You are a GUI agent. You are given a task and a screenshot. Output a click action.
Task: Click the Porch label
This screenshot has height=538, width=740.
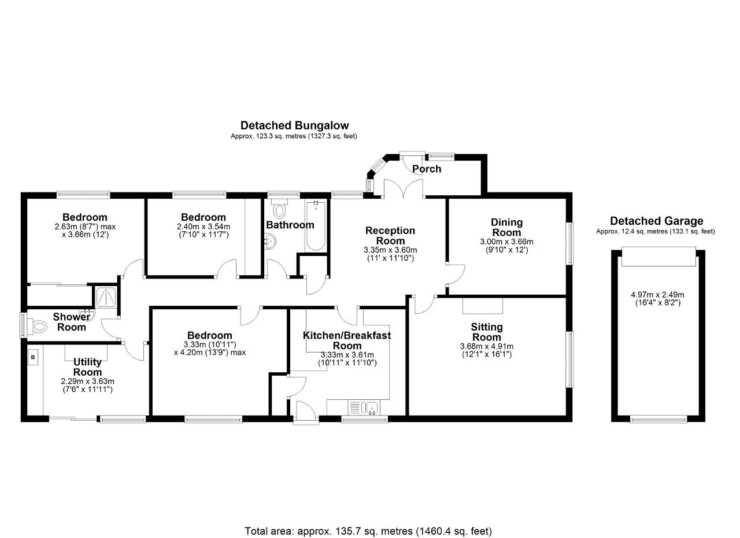coord(427,169)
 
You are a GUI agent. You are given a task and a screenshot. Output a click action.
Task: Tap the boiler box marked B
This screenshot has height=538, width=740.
coord(33,357)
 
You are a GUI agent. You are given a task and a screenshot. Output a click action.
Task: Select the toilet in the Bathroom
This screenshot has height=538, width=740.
coord(279,209)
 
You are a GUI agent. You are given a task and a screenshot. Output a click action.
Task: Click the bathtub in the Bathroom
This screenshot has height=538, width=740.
coord(316,225)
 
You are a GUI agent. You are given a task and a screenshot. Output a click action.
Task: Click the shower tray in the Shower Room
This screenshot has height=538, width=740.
coord(106,296)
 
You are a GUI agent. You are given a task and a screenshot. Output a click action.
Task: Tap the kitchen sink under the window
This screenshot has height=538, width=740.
coord(369,408)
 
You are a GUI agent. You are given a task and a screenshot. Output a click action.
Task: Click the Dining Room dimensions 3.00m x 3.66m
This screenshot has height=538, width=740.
coord(506,246)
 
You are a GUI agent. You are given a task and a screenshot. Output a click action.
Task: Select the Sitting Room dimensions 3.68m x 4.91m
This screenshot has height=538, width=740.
coord(487,350)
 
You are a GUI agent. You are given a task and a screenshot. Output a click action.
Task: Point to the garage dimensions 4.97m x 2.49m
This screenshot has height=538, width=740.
coord(657,299)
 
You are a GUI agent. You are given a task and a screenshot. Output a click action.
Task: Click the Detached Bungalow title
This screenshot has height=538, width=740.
coord(294,125)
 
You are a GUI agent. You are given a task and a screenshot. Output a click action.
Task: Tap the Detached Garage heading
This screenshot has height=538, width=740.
coord(656,221)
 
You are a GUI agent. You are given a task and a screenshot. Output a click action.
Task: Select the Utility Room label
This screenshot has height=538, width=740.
coord(87,367)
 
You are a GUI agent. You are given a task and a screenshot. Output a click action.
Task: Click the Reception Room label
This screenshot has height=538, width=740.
coord(390,235)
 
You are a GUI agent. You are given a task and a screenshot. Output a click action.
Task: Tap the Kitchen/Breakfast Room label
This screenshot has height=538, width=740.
coord(347,340)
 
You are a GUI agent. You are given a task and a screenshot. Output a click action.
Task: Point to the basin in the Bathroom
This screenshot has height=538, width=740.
coord(271,242)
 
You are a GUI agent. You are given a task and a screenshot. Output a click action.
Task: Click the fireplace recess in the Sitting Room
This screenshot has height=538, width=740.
coord(482,306)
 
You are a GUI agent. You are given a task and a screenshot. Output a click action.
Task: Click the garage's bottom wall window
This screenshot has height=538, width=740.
coord(658,420)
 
